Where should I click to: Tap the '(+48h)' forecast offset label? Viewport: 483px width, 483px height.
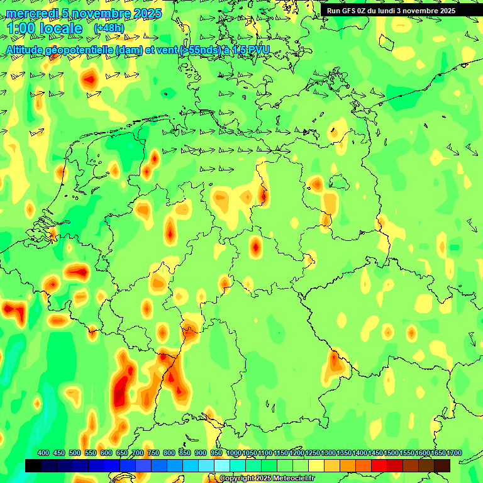coord(109,28)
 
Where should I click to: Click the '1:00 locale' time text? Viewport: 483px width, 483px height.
coord(45,28)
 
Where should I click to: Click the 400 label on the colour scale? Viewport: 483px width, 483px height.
coord(43,453)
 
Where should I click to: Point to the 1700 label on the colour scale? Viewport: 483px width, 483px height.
coord(453,453)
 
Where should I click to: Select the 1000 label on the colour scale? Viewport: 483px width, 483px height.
coord(233,453)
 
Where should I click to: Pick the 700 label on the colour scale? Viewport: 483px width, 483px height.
coord(138,453)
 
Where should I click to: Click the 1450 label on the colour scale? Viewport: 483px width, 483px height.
coord(375,453)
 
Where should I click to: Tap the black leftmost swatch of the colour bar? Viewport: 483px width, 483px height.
coord(33,465)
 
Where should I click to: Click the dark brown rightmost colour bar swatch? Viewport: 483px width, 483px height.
coord(442,465)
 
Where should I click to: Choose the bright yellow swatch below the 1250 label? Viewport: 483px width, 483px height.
coord(316,465)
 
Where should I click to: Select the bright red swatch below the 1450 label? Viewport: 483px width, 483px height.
coord(379,465)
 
